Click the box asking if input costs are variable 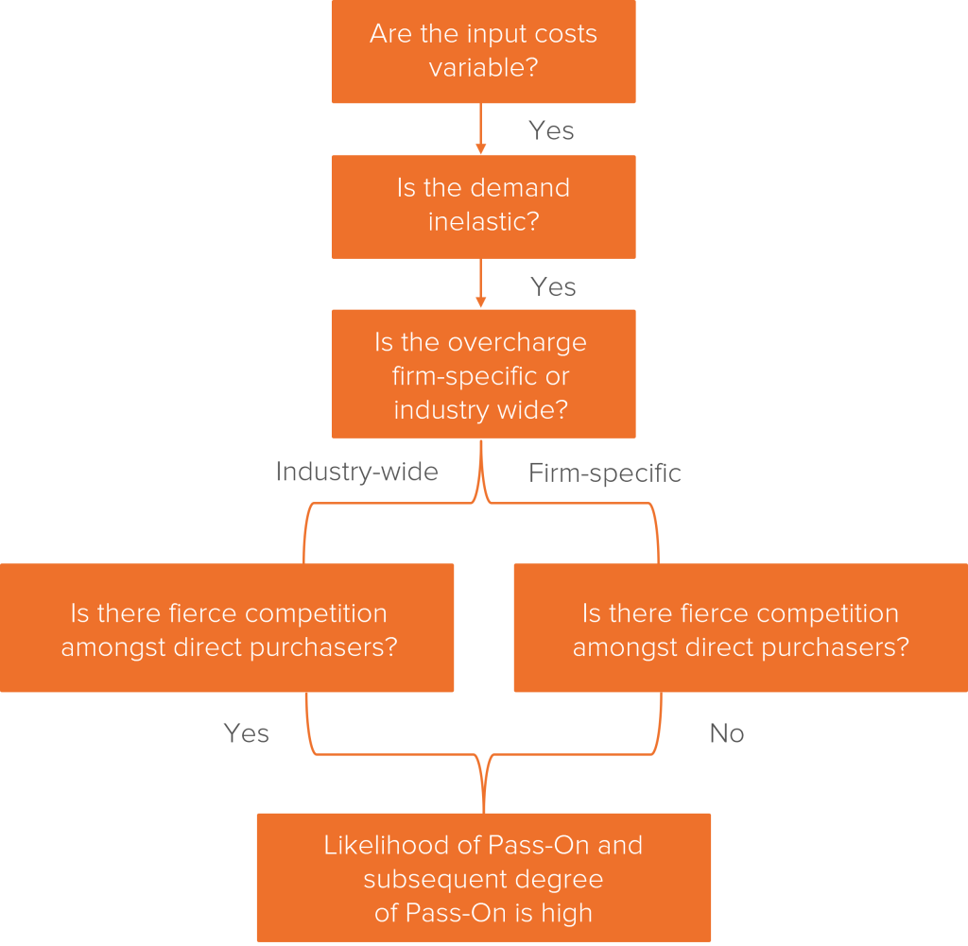pos(483,51)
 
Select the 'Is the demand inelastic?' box pos(483,207)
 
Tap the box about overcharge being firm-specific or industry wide pos(483,374)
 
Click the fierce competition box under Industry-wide pos(227,628)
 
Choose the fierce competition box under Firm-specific pos(741,628)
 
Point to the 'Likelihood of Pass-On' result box pos(483,878)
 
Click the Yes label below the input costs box pos(551,130)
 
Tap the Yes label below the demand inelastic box pos(553,287)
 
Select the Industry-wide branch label pos(356,473)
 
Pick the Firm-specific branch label pos(604,473)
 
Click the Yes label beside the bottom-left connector pos(247,733)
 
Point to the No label pos(727,733)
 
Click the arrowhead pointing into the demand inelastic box pos(481,148)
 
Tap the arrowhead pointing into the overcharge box pos(481,302)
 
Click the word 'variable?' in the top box pos(483,67)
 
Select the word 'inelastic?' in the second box pos(483,221)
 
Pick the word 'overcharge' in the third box pos(517,343)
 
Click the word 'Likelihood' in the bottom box pos(387,846)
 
